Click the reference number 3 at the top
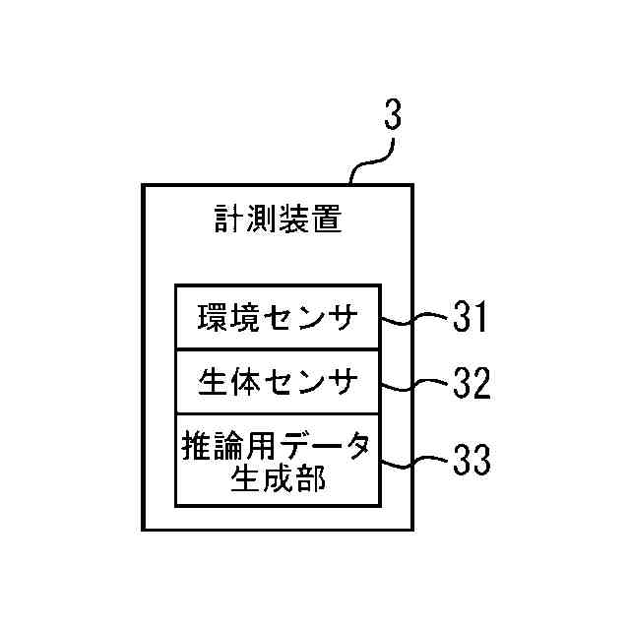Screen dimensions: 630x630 pos(391,116)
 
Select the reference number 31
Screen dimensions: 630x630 pos(470,318)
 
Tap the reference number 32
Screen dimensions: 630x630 pos(471,384)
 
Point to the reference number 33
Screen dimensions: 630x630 pos(471,461)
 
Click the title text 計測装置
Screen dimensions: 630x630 pos(279,219)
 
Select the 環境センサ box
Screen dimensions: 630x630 pos(277,318)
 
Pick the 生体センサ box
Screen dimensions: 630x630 pos(277,382)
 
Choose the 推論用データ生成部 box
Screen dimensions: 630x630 pos(277,461)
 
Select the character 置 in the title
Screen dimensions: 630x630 pos(327,219)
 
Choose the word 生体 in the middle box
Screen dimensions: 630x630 pos(228,383)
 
